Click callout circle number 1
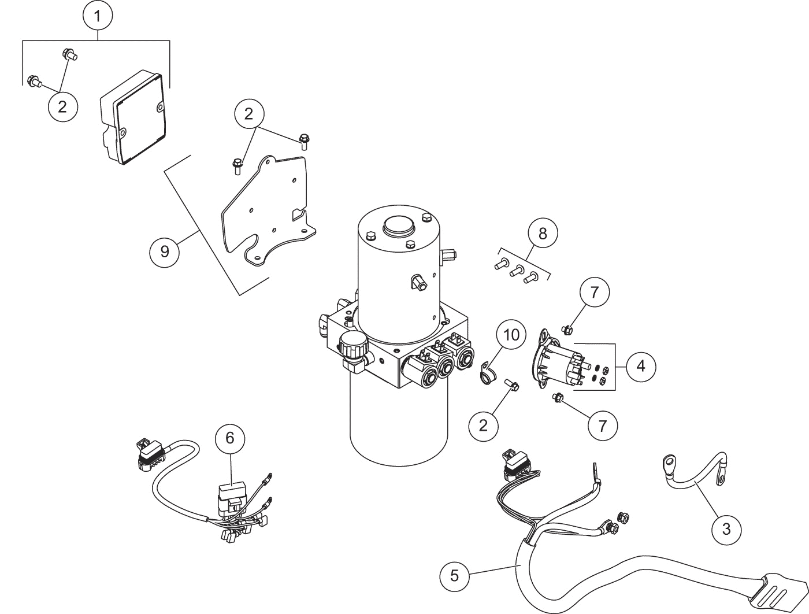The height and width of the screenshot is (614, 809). [98, 16]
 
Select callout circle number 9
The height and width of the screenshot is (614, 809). [165, 251]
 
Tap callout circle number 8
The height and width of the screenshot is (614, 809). [543, 234]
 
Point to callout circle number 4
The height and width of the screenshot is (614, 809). [640, 366]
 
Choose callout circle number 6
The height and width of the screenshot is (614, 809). [230, 438]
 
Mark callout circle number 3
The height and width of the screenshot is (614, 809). [726, 528]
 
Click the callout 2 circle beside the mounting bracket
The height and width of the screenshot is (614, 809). [248, 114]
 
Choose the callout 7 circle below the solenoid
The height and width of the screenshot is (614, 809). [603, 426]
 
